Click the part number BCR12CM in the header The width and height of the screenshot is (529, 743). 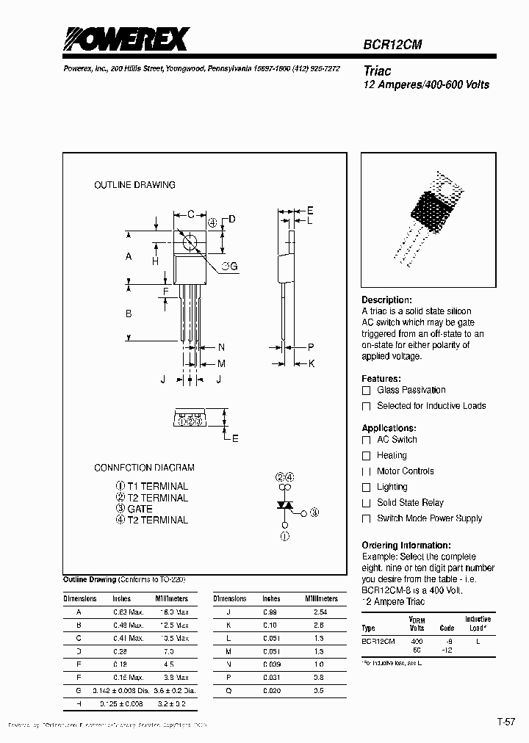pyautogui.click(x=392, y=44)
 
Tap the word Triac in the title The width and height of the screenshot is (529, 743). pyautogui.click(x=378, y=71)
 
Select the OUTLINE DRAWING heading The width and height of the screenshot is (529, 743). pyautogui.click(x=134, y=185)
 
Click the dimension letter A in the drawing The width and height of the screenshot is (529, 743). pyautogui.click(x=129, y=256)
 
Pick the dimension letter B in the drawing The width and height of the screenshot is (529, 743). pyautogui.click(x=129, y=313)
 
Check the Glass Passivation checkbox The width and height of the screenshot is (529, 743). pyautogui.click(x=366, y=391)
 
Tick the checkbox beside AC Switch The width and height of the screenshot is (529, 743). pyautogui.click(x=366, y=440)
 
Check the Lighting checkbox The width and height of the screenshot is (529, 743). pyautogui.click(x=366, y=488)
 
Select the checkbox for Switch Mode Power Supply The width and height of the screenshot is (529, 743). pyautogui.click(x=366, y=519)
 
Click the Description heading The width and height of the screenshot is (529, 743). pyautogui.click(x=386, y=300)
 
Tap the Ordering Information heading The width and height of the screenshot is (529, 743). pyautogui.click(x=406, y=546)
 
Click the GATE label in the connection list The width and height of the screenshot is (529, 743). pyautogui.click(x=140, y=509)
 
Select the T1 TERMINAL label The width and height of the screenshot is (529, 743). pyautogui.click(x=157, y=486)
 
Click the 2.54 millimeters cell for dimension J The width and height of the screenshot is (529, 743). pyautogui.click(x=320, y=612)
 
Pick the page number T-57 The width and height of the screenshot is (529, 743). pyautogui.click(x=506, y=722)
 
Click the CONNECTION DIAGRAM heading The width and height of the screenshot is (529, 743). pyautogui.click(x=144, y=468)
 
